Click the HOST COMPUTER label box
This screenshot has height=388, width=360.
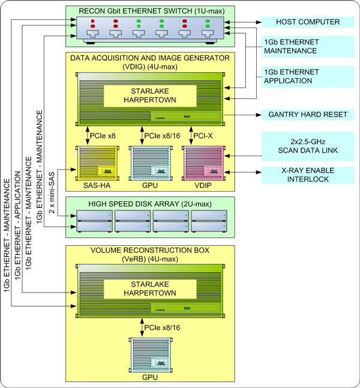point(307,22)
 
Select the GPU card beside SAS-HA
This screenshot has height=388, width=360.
point(148,163)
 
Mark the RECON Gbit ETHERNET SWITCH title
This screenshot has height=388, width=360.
point(150,10)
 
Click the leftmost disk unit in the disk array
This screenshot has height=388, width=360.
point(92,222)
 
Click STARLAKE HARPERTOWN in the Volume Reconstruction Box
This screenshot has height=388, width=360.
point(150,288)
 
